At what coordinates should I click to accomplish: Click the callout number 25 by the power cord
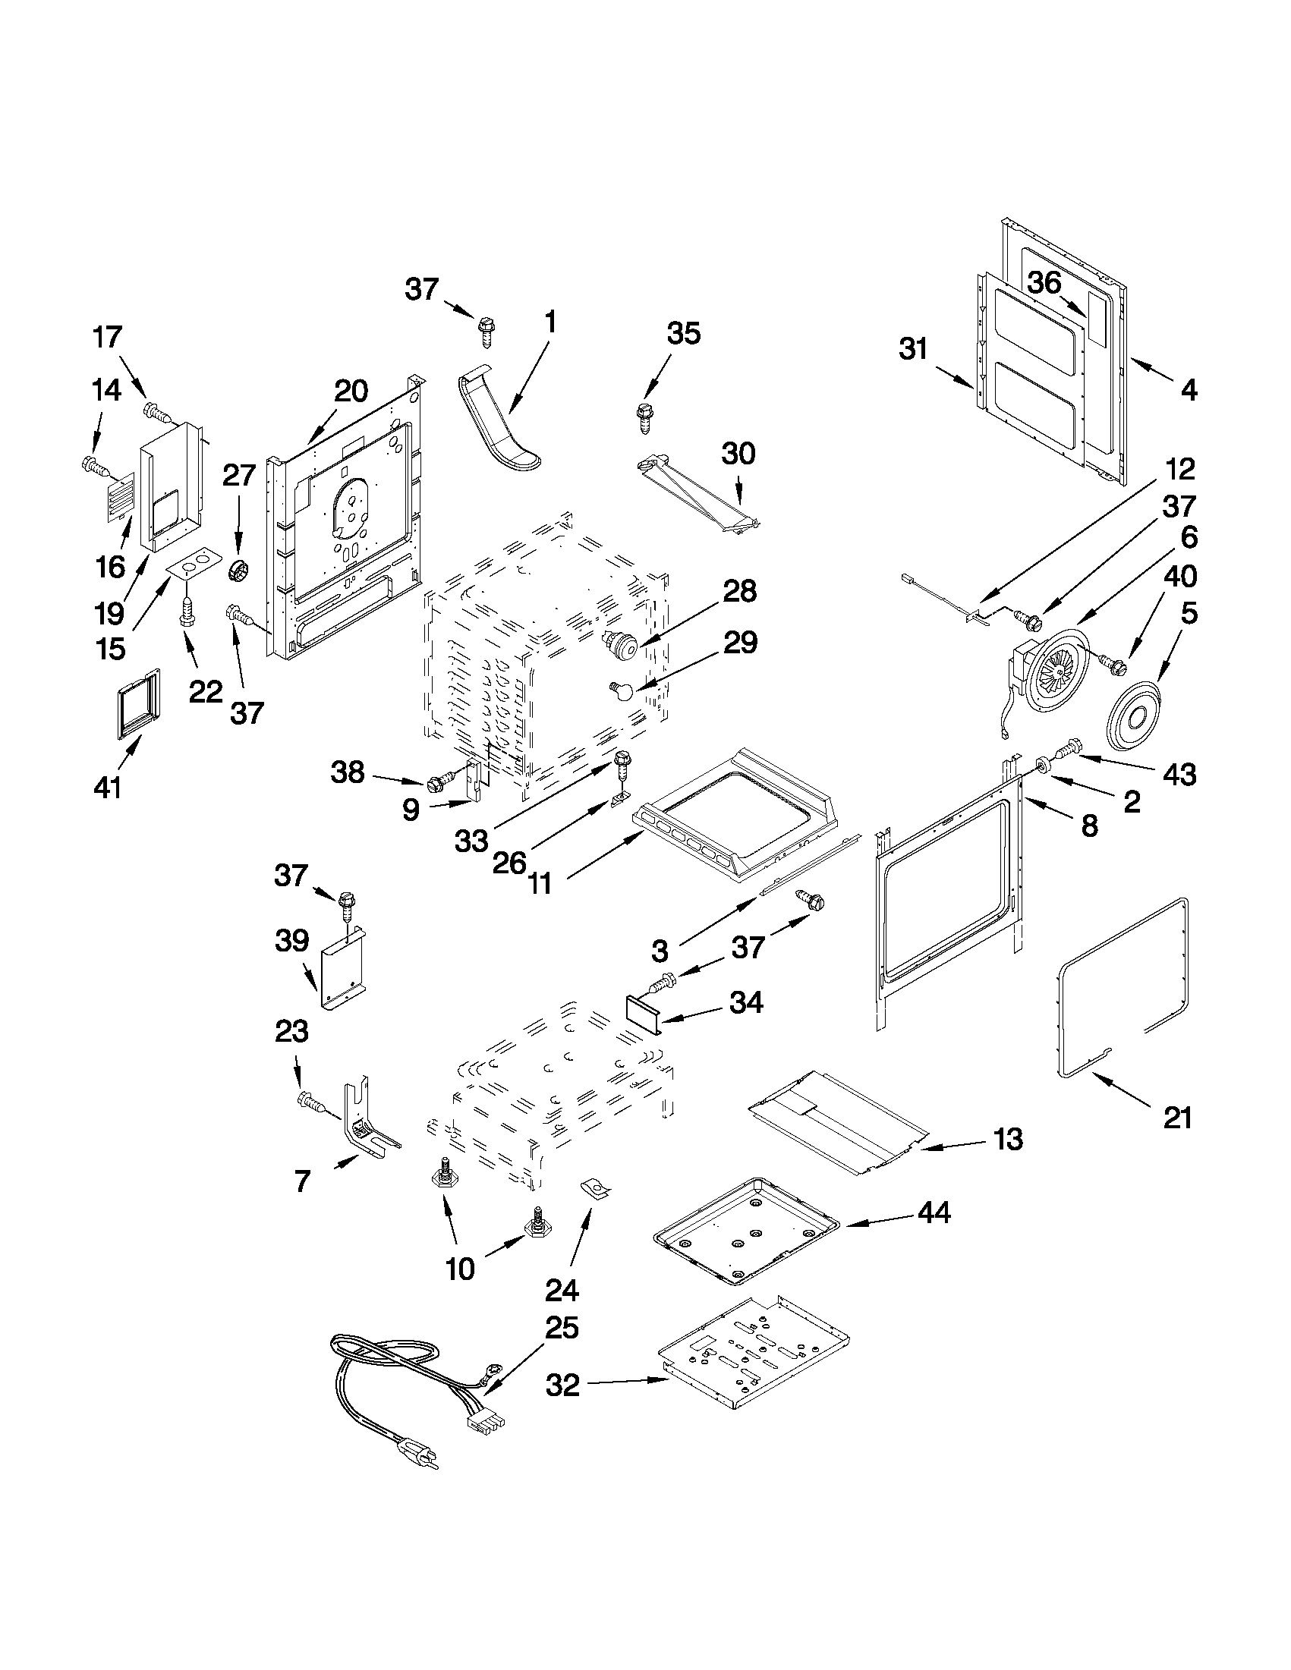[562, 1329]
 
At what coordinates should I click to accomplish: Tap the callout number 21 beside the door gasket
[1177, 1119]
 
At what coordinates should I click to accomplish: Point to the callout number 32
[563, 1384]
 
